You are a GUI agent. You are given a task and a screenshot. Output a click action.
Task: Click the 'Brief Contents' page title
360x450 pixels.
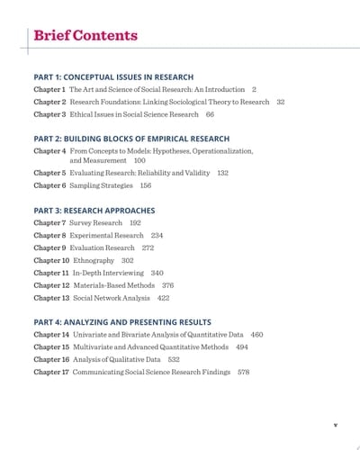(x=85, y=36)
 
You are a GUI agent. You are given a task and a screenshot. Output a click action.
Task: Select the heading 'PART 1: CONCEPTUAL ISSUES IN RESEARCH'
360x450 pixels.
(x=113, y=77)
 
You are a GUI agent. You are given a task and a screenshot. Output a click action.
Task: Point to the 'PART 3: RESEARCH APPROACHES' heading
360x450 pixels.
(x=94, y=211)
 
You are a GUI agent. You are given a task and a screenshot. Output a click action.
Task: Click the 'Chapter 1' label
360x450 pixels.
(x=49, y=90)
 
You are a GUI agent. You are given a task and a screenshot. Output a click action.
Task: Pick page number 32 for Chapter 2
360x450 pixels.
(x=281, y=103)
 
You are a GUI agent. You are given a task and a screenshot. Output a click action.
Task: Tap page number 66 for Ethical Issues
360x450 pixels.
(x=210, y=115)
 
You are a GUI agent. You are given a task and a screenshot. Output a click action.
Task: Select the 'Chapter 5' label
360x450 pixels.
(x=49, y=173)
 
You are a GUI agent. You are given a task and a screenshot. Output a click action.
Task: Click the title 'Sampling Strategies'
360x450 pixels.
(x=101, y=185)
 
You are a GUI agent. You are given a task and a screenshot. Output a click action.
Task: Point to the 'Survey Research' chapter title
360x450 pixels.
(x=95, y=222)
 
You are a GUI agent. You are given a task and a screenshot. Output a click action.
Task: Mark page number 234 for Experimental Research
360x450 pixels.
(x=157, y=235)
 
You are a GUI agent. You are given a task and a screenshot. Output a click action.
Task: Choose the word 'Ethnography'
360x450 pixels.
(x=90, y=260)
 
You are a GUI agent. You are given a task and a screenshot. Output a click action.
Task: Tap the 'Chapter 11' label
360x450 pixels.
(x=51, y=273)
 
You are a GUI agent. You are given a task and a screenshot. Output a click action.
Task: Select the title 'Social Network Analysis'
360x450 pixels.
(x=111, y=298)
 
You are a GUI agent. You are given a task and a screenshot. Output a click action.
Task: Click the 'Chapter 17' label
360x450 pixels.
(x=51, y=372)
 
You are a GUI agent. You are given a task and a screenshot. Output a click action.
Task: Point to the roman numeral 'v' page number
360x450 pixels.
(x=335, y=421)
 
